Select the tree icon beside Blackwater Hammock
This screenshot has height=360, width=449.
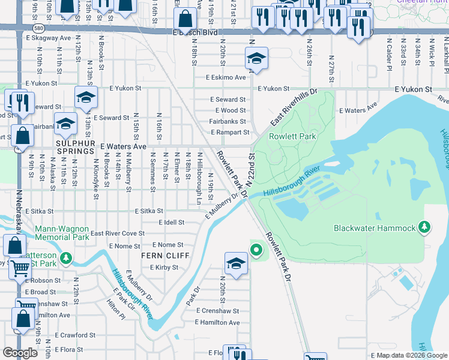coord(425,227)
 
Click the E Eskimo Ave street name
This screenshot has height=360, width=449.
coord(226,77)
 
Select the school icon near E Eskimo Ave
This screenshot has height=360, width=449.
coord(256,59)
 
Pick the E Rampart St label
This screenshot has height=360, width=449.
coord(229,133)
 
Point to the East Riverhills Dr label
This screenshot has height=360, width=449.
coord(293,109)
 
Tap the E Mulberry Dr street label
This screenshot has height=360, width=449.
coord(222,206)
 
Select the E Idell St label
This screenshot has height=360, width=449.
coord(171,223)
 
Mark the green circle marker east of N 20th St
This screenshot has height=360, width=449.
coord(256,250)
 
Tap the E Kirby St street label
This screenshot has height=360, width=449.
coord(164,268)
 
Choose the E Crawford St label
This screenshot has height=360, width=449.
coord(76,335)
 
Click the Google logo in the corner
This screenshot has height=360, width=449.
coord(20,353)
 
